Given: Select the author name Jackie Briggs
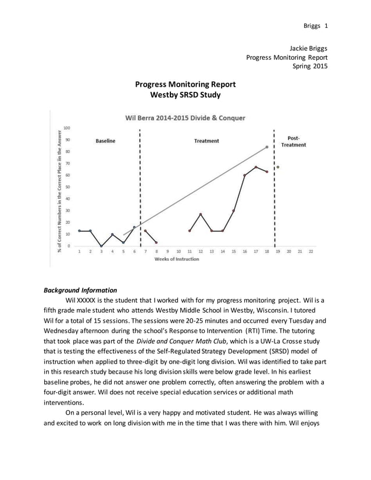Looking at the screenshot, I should pyautogui.click(x=308, y=48).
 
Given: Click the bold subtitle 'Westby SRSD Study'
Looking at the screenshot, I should pyautogui.click(x=185, y=95).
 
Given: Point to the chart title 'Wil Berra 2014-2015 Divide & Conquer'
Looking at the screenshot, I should pyautogui.click(x=185, y=118).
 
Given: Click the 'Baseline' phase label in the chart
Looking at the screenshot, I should pyautogui.click(x=105, y=141).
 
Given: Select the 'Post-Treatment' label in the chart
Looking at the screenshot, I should pyautogui.click(x=294, y=141).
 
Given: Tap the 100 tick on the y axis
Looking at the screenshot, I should pyautogui.click(x=67, y=128).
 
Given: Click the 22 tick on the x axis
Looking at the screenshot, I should pyautogui.click(x=311, y=252).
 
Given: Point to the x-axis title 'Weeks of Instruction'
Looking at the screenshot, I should pyautogui.click(x=176, y=259).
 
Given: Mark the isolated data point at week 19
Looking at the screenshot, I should pyautogui.click(x=278, y=167).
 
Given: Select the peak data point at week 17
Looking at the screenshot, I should pyautogui.click(x=256, y=167).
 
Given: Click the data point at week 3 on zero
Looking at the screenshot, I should pyautogui.click(x=101, y=246).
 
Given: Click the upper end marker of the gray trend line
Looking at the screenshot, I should pyautogui.click(x=267, y=147).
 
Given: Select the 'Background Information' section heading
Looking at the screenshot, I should pyautogui.click(x=80, y=290).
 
